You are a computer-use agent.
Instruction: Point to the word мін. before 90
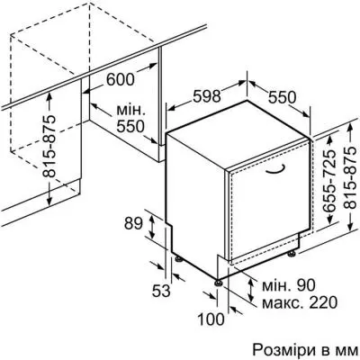[x=268, y=284]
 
